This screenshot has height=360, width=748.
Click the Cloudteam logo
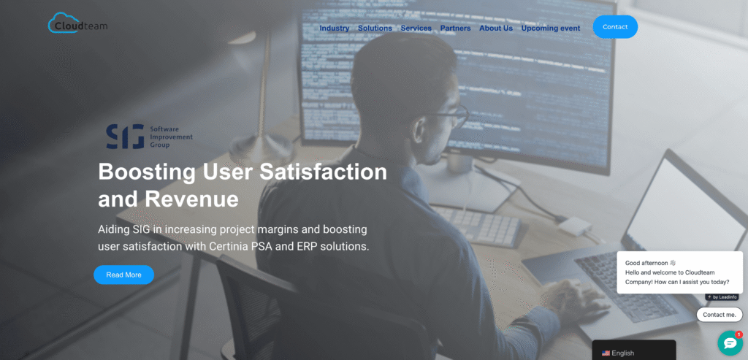click(77, 24)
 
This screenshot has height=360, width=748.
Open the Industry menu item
click(335, 28)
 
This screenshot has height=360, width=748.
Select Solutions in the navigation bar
click(375, 28)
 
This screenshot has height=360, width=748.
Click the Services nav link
click(416, 28)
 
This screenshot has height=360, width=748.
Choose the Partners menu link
click(455, 28)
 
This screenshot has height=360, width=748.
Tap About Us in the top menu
click(496, 28)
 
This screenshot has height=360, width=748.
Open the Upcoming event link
click(551, 28)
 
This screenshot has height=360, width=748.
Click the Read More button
click(123, 275)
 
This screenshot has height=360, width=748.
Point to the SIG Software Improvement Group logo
click(149, 136)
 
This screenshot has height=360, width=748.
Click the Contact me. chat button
click(720, 315)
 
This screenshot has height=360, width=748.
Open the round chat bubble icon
click(729, 343)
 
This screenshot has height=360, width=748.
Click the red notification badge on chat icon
click(739, 334)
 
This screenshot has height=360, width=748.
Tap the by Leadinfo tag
click(722, 297)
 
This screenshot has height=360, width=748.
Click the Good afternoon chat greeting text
click(650, 263)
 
